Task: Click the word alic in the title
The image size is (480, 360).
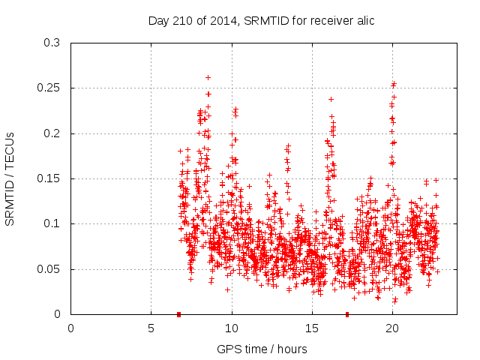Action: point(364,20)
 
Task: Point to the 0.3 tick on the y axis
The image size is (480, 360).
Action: point(52,43)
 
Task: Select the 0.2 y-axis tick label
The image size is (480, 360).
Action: point(52,133)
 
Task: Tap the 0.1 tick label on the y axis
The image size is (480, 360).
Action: point(52,224)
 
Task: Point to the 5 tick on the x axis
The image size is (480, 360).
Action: point(151,328)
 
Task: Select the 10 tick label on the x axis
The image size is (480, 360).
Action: point(232,328)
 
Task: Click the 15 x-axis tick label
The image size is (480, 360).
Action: point(312,328)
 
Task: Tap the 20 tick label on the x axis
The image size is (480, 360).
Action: point(392,328)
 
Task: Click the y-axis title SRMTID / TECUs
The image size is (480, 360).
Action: point(10,178)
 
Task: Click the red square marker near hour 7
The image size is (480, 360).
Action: point(178,314)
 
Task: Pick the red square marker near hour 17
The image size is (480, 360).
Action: point(347,314)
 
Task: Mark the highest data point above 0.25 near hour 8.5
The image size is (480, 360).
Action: point(208,77)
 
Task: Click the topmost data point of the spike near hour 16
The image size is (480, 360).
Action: point(331,99)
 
